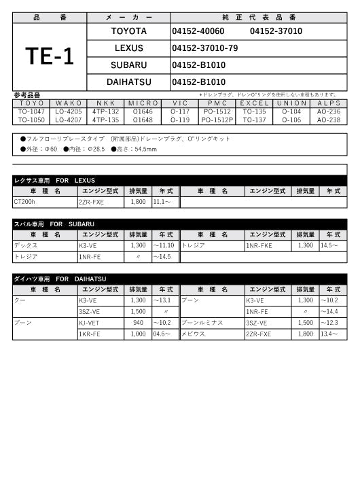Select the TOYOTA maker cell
tap(128, 31)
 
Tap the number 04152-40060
tap(198, 31)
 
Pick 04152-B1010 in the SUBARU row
tap(198, 65)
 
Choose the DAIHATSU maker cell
tap(128, 82)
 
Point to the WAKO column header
tap(69, 103)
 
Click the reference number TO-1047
tap(31, 111)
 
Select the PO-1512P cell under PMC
tap(217, 120)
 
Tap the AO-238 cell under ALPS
tap(329, 120)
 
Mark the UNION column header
tap(291, 103)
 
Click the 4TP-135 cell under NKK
tap(106, 120)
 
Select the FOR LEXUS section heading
tap(54, 180)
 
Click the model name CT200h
tap(25, 202)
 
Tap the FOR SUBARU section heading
tap(54, 224)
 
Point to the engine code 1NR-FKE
tap(259, 246)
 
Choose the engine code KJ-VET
tap(91, 323)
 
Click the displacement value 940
tap(139, 323)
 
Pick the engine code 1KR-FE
tap(90, 334)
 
